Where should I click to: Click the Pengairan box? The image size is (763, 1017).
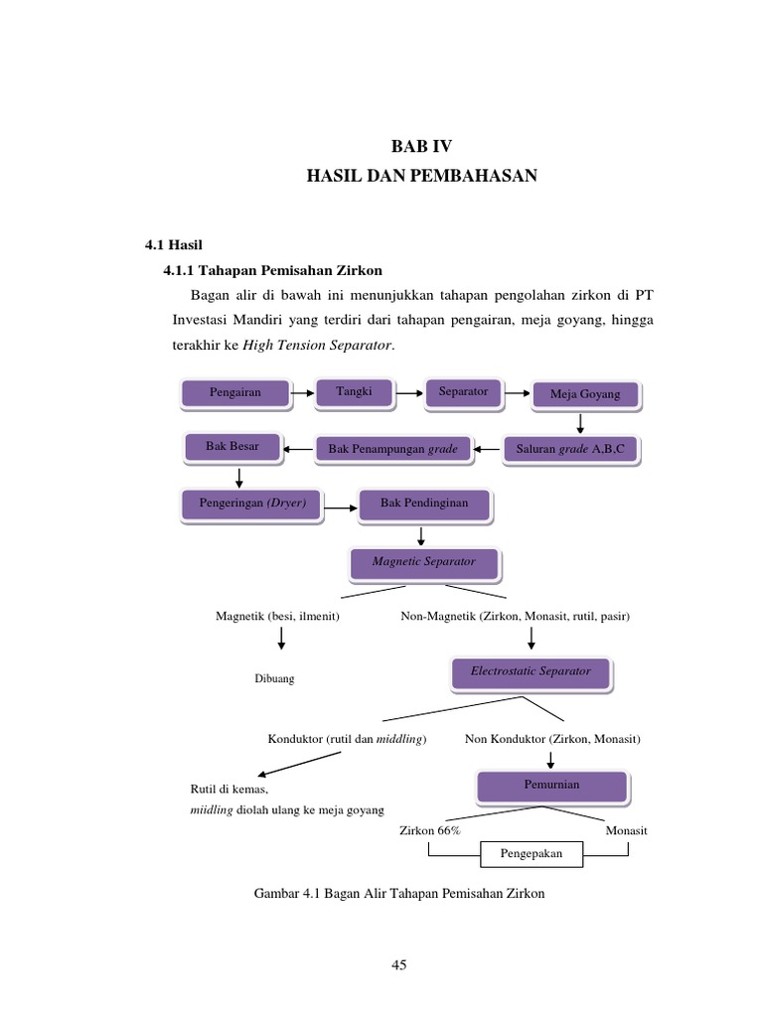pos(235,393)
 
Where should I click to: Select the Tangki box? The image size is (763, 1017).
pos(354,392)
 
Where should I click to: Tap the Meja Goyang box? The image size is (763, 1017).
pos(584,394)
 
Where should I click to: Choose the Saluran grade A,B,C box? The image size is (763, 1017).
pos(570,450)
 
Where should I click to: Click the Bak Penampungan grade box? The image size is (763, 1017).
pos(392,450)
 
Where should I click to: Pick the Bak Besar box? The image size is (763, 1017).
pos(232,447)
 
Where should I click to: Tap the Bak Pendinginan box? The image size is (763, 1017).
pos(424,505)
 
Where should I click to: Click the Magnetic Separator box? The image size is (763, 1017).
pos(423,562)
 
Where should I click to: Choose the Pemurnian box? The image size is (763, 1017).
pos(551,786)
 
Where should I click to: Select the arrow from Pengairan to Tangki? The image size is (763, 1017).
pos(302,393)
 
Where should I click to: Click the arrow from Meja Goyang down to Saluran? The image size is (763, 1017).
pos(580,424)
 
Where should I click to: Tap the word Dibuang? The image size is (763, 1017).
pos(275,679)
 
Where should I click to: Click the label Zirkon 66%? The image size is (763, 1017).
pos(429,830)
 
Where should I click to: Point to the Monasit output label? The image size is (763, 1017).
pos(626,830)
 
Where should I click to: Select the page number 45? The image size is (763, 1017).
pos(399,964)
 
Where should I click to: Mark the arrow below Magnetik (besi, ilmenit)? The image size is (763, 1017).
pos(281,638)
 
